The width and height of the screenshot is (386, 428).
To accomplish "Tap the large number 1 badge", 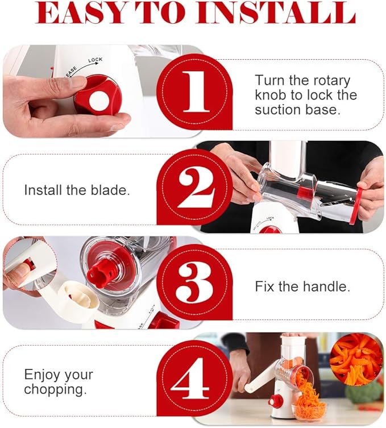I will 196,92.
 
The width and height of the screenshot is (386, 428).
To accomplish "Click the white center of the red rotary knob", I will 99,101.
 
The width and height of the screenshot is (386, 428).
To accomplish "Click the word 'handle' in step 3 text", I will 326,286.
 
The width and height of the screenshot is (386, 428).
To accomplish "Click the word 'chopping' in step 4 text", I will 56,390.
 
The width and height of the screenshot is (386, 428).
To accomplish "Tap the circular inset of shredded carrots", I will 356,360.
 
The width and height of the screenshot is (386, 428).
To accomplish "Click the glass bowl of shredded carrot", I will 309,407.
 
